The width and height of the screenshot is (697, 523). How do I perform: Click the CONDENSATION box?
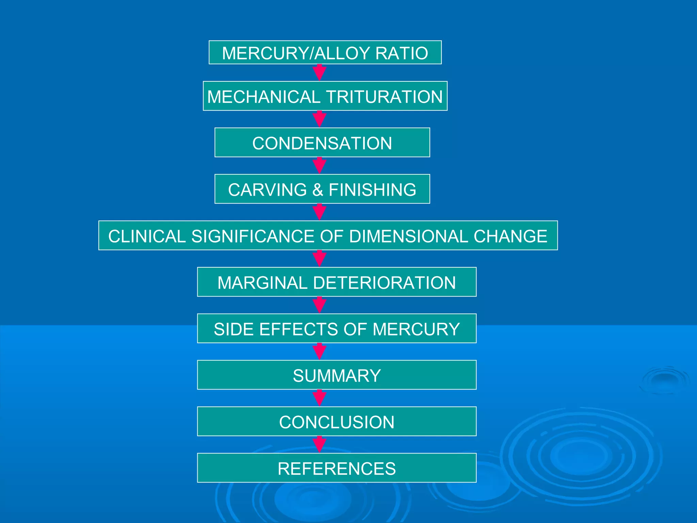pyautogui.click(x=322, y=143)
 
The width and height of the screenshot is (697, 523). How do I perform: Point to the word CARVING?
pyautogui.click(x=268, y=190)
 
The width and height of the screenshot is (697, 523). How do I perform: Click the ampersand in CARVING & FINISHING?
pyautogui.click(x=318, y=190)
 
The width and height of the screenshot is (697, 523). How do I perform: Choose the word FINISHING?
pyautogui.click(x=372, y=190)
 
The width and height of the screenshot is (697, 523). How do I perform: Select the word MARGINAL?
pyautogui.click(x=262, y=283)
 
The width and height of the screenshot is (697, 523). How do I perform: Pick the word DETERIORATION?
pyautogui.click(x=384, y=283)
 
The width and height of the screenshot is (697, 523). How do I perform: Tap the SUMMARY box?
pyautogui.click(x=337, y=376)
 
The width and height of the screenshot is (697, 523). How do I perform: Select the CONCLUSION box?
pyautogui.click(x=337, y=422)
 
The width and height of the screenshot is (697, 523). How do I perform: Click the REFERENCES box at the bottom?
pyautogui.click(x=337, y=469)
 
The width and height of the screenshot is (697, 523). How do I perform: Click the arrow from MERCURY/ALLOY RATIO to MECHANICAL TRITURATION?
pyautogui.click(x=320, y=73)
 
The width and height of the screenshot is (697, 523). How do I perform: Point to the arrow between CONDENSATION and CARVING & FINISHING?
pyautogui.click(x=320, y=165)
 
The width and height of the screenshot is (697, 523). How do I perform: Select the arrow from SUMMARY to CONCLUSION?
pyautogui.click(x=320, y=398)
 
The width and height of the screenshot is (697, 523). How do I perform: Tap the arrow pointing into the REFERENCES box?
pyautogui.click(x=320, y=444)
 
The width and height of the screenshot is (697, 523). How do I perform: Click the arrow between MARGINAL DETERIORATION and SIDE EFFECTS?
pyautogui.click(x=320, y=305)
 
